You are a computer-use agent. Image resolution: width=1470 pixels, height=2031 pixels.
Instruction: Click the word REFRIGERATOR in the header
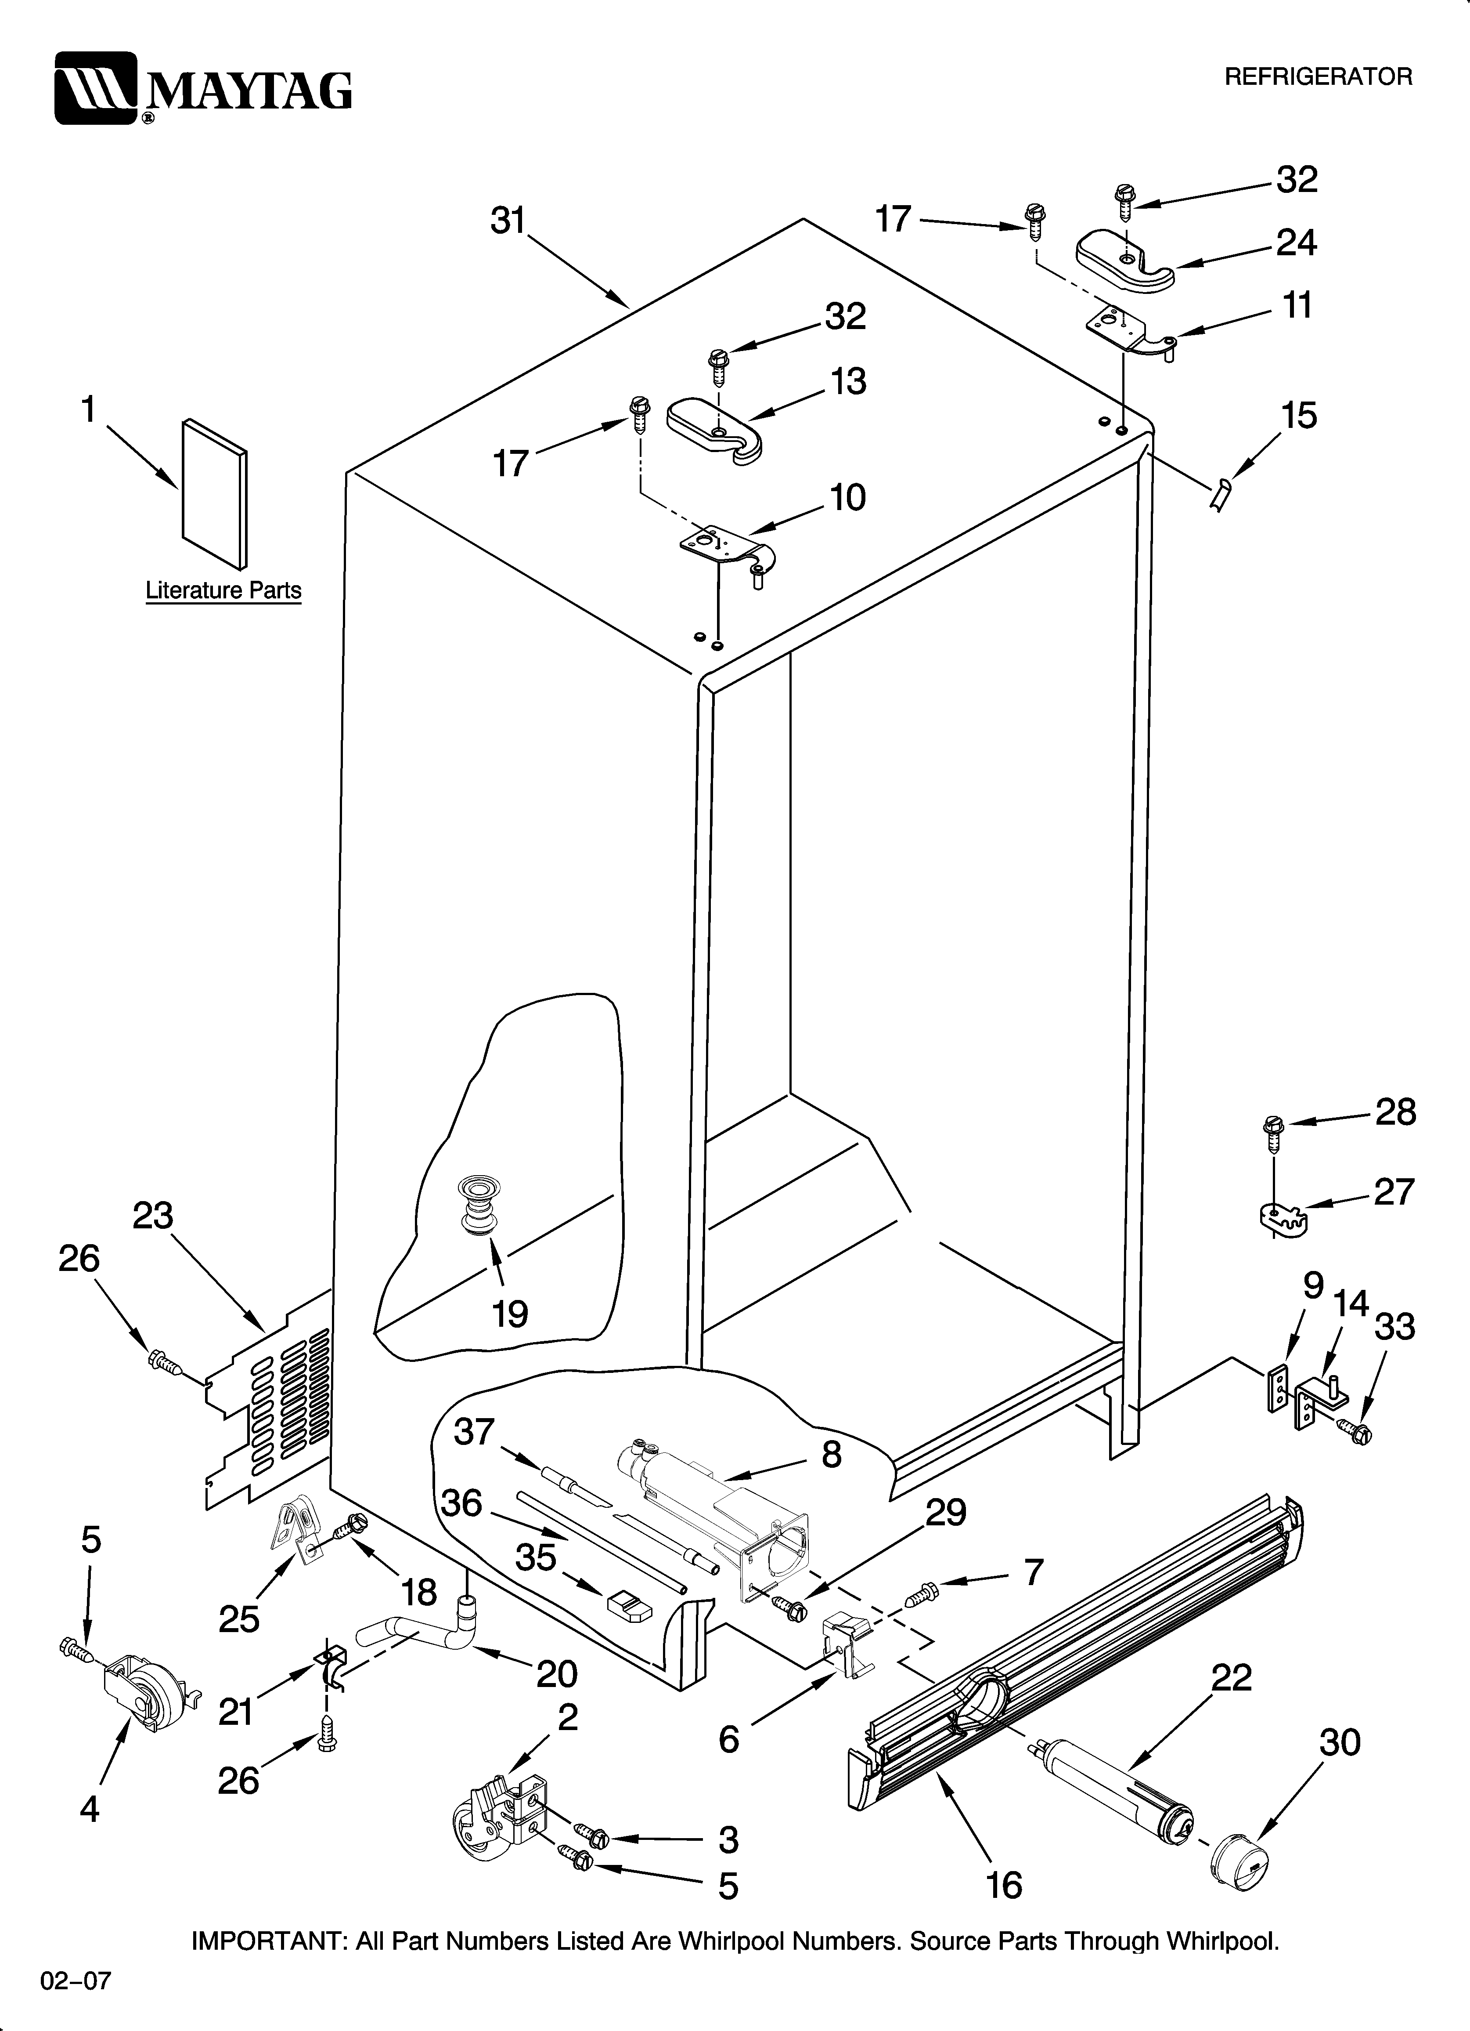[1318, 77]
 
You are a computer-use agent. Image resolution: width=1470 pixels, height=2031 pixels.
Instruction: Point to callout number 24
[1296, 243]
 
